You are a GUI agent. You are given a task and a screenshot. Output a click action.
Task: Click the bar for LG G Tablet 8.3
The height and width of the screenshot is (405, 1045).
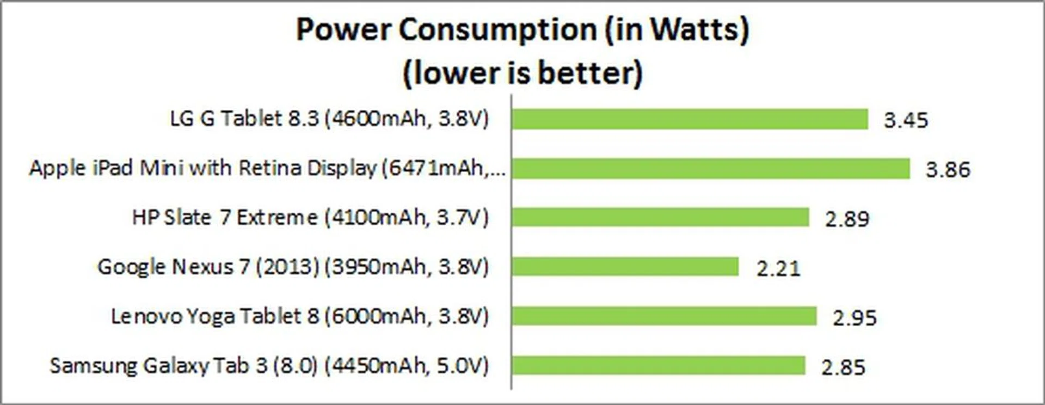690,119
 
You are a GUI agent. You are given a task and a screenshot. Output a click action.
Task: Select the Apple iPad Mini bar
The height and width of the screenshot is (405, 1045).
711,169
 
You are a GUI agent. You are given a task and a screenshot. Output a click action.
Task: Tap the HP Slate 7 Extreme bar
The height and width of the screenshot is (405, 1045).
660,218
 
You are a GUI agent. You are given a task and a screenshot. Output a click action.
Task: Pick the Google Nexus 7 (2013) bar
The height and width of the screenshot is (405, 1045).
625,267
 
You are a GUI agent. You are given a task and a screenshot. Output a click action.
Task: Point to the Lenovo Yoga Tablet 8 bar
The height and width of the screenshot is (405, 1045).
664,316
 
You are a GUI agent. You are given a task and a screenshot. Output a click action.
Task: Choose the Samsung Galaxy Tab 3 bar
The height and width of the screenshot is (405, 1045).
658,365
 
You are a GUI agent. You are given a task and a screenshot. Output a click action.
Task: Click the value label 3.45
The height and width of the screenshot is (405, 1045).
906,120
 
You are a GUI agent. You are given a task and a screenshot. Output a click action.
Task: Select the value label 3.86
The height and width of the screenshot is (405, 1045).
948,170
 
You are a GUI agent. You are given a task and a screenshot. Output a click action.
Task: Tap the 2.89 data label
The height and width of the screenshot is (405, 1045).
847,219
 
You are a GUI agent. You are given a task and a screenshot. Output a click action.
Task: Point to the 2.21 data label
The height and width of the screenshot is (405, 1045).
778,268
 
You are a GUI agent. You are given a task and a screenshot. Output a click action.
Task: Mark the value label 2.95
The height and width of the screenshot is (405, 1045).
855,317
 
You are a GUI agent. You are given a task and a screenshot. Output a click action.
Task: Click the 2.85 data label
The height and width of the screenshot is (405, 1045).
843,367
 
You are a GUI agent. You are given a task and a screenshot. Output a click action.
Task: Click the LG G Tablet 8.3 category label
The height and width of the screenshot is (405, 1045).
329,119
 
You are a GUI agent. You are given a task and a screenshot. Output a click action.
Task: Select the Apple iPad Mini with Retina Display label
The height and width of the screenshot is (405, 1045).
267,168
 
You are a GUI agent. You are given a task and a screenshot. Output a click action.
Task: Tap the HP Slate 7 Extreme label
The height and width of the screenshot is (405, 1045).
310,218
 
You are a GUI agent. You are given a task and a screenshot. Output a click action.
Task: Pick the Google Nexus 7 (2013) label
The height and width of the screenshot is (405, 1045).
293,267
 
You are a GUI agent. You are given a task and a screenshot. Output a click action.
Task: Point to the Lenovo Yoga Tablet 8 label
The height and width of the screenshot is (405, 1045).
300,316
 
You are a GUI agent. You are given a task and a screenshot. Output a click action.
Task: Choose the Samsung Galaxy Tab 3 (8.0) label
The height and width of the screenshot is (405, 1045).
269,365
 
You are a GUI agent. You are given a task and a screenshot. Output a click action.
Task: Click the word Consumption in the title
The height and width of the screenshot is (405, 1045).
497,29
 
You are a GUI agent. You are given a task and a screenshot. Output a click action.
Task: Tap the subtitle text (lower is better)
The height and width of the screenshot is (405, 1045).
522,73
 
